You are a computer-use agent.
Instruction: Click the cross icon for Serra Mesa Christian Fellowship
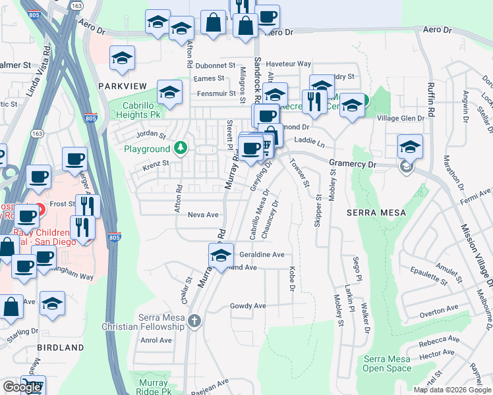tap(194, 321)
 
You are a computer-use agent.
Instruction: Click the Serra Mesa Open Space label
tap(386, 364)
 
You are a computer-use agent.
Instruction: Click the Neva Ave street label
tap(202, 215)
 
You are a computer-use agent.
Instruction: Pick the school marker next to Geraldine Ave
tap(221, 255)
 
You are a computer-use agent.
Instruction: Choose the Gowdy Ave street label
tap(247, 306)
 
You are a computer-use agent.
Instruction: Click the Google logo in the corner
tap(22, 387)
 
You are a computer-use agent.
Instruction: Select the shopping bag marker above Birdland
tap(13, 306)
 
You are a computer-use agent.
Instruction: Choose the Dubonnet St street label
tap(215, 65)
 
